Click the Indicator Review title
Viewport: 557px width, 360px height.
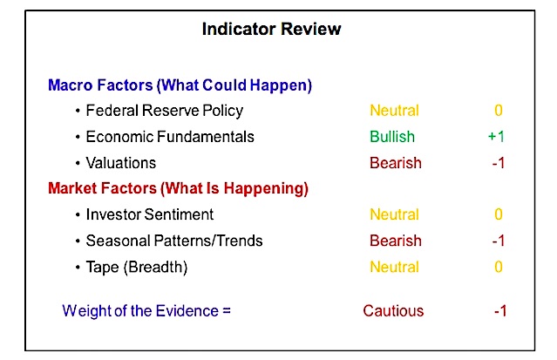[271, 29]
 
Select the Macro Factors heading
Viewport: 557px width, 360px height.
[180, 85]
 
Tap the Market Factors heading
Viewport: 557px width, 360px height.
[178, 188]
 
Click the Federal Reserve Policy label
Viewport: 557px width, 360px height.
[165, 111]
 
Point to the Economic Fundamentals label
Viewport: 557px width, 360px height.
[170, 137]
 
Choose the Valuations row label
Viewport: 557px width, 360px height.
[121, 163]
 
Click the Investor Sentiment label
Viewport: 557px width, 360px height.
[150, 214]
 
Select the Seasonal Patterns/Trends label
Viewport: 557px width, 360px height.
[174, 241]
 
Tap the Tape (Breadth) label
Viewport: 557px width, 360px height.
[137, 268]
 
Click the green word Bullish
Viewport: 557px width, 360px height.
[392, 137]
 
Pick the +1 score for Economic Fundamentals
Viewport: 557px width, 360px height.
[496, 137]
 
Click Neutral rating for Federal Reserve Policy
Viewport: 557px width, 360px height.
[394, 111]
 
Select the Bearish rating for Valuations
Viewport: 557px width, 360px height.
[396, 163]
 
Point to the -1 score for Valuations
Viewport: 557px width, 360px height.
[499, 163]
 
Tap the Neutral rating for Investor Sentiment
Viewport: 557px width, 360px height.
[394, 214]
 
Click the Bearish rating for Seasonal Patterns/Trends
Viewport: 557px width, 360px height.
[396, 241]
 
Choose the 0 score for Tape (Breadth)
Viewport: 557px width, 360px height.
[499, 267]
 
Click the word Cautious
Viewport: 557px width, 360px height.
[393, 311]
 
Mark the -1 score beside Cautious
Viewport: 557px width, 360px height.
[500, 311]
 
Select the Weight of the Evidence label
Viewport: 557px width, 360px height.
[146, 311]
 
